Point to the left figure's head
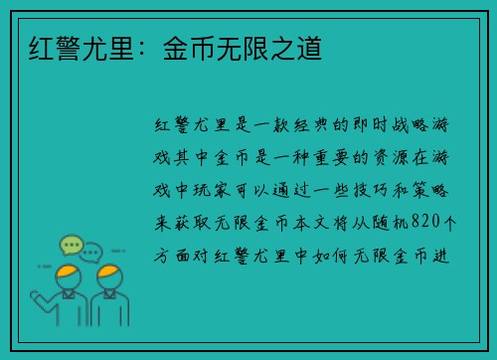pos(68,275)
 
